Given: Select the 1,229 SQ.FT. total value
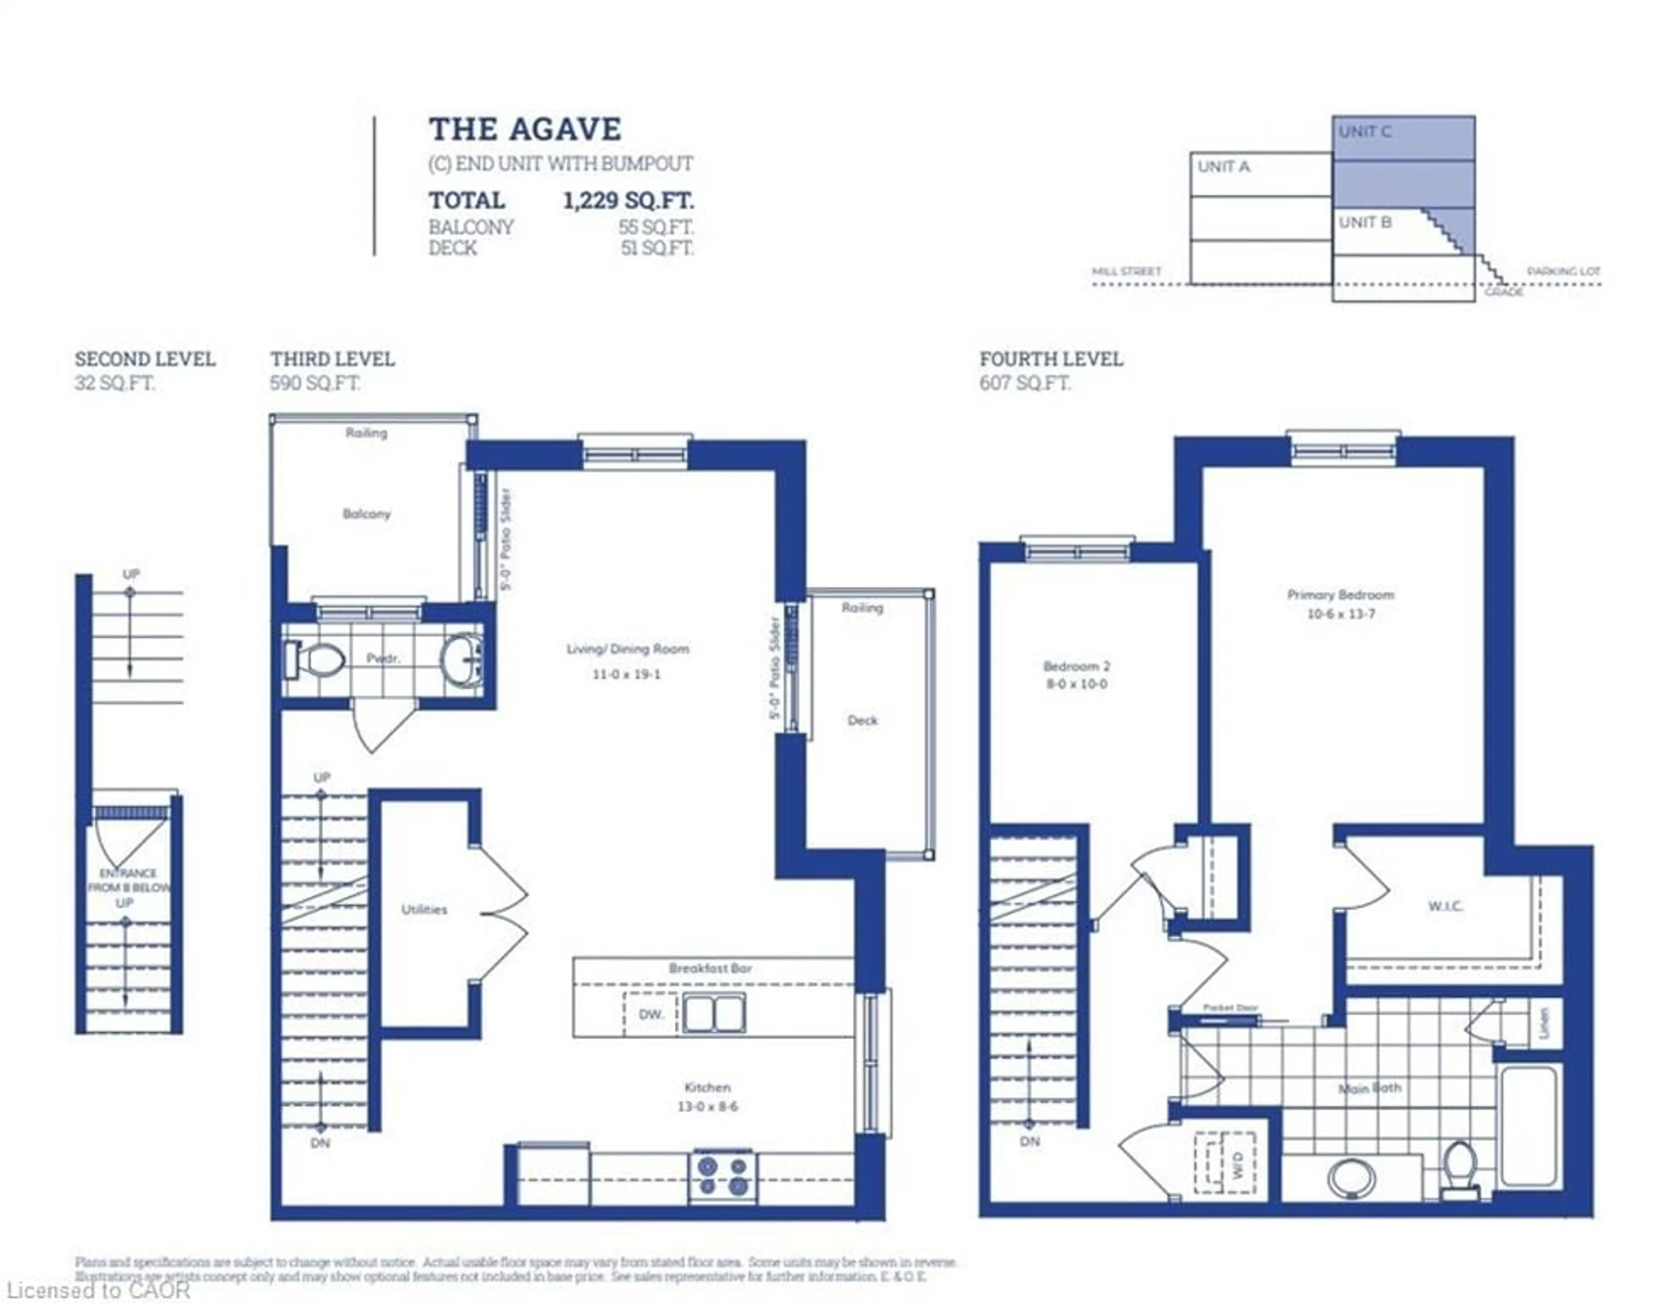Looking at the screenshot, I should tap(628, 201).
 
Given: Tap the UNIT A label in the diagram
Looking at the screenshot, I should tap(1223, 166).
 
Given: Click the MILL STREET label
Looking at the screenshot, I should tap(1126, 272).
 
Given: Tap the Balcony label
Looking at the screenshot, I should tap(366, 513).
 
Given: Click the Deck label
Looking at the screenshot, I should tap(862, 720).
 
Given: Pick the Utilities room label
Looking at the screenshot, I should tap(424, 909).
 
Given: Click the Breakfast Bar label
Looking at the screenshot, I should tap(710, 969).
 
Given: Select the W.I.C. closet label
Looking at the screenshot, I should tap(1445, 906).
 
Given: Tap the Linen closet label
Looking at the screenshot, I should tap(1545, 1023).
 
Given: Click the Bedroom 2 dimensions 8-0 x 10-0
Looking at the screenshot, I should tap(1077, 684).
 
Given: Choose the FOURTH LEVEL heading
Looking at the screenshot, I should tap(1051, 359).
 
